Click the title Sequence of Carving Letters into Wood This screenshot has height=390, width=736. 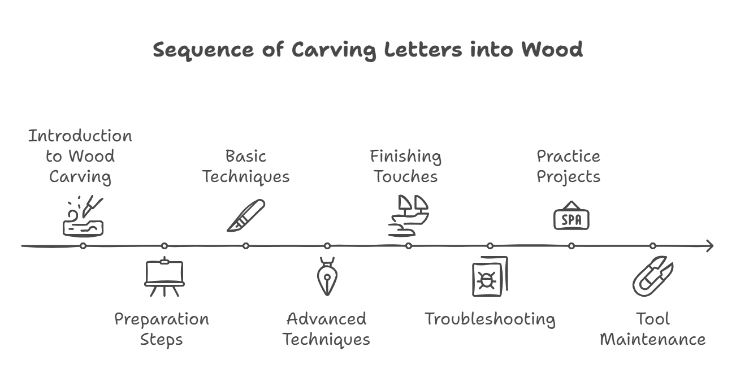click(x=367, y=50)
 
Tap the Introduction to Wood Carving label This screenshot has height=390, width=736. click(x=80, y=156)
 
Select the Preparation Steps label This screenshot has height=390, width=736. click(x=162, y=329)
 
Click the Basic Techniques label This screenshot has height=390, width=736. click(x=245, y=166)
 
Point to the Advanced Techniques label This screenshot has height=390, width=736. click(x=326, y=329)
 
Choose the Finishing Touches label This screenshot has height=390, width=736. click(x=406, y=166)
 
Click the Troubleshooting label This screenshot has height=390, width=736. click(x=490, y=319)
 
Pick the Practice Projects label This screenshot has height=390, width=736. click(x=568, y=166)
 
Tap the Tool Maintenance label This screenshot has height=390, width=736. click(x=652, y=329)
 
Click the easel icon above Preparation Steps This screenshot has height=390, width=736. click(x=164, y=277)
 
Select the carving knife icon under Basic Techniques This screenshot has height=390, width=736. click(x=246, y=215)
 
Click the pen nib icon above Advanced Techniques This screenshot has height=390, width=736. click(x=327, y=277)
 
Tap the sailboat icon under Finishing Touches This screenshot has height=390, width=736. click(x=408, y=215)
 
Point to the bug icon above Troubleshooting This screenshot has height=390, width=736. click(x=490, y=277)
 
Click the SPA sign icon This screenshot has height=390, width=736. click(x=571, y=216)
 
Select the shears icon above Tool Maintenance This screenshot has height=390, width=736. click(x=652, y=277)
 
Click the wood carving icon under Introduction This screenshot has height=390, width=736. click(x=83, y=218)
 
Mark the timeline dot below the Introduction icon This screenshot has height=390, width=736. click(x=83, y=246)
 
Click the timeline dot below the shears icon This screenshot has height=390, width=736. click(x=653, y=246)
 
